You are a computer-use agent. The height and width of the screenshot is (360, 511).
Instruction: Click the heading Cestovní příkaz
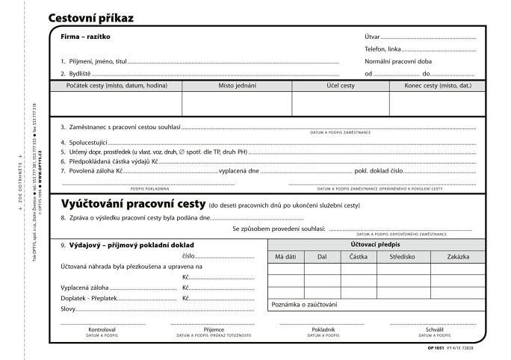coord(90,17)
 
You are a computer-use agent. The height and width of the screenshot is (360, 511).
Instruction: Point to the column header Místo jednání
coord(237,87)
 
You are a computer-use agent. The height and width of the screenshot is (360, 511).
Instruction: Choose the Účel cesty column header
coord(340,87)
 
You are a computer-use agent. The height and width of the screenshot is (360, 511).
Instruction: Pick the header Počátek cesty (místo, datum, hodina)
coord(117,87)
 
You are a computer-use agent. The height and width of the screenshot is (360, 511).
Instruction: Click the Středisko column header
coord(402,257)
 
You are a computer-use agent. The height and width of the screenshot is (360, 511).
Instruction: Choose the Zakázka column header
coord(458,257)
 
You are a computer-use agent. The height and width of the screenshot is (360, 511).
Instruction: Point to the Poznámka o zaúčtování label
coord(304,304)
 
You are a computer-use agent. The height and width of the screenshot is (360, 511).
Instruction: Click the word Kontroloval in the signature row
coord(102,329)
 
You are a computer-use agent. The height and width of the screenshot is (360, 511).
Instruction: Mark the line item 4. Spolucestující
coord(85,141)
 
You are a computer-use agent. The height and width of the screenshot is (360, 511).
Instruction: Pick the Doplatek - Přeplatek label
coord(84,298)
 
